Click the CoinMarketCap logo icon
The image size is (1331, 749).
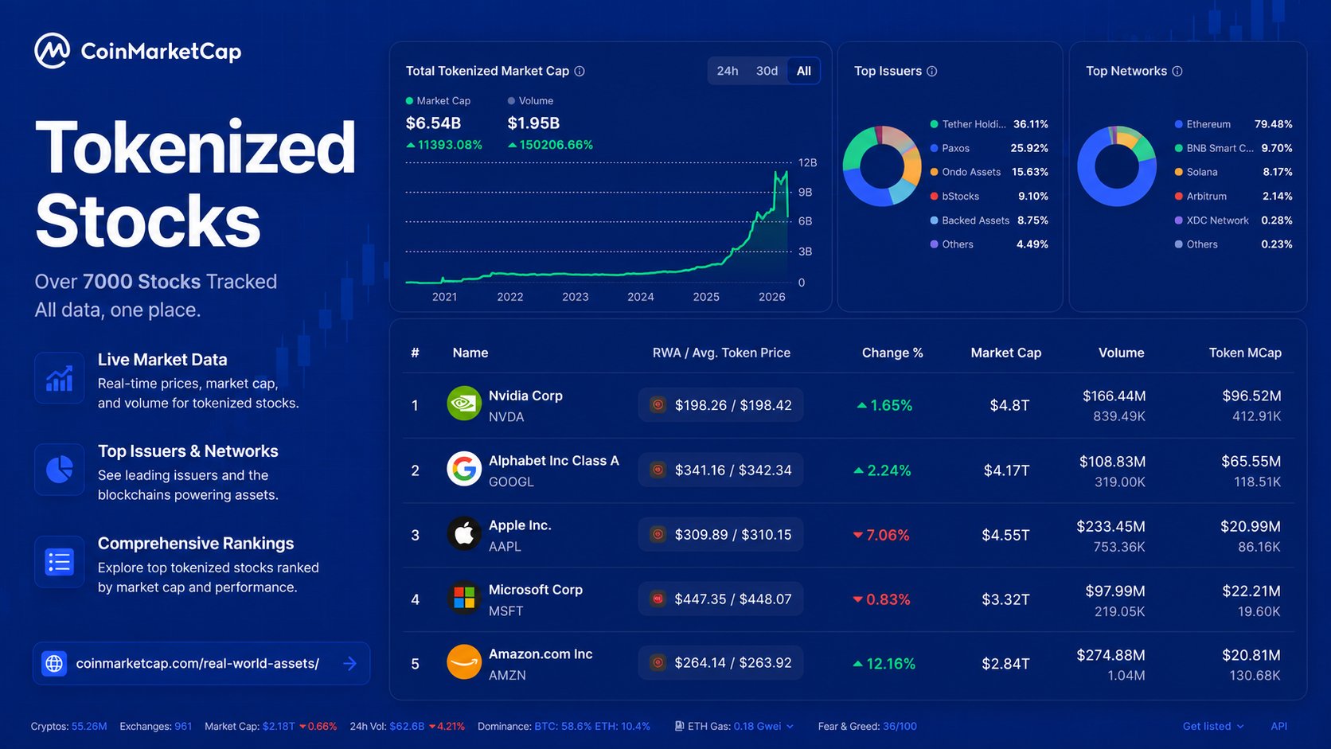53,51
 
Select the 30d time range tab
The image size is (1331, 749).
767,72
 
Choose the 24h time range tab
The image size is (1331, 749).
728,72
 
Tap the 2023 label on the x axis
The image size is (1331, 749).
576,297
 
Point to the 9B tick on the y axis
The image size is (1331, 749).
805,192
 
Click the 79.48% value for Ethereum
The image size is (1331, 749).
1274,124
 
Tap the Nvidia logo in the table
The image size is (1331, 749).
464,404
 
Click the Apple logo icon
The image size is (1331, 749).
464,533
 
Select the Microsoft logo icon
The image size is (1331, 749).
464,598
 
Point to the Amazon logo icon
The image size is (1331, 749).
464,661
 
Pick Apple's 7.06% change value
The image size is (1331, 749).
881,535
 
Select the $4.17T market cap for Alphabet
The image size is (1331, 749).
1006,470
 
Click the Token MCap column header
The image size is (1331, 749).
1245,353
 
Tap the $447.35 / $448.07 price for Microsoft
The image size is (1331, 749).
732,599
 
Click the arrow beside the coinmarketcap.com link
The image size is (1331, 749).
350,664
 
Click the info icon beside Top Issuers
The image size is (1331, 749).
932,72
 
